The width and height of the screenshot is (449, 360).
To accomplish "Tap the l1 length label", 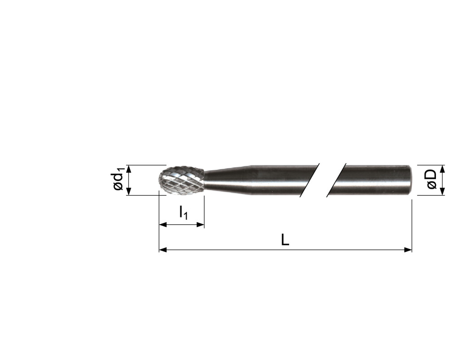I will (184, 213).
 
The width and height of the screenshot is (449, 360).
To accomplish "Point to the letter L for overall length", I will (285, 240).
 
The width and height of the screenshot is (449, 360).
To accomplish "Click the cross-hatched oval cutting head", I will (182, 180).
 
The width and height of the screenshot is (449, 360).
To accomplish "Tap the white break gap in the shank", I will (322, 180).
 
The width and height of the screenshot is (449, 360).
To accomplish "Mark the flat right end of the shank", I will (410, 180).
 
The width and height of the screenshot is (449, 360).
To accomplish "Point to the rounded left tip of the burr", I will (160, 181).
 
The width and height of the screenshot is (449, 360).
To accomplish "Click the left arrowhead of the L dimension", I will (163, 249).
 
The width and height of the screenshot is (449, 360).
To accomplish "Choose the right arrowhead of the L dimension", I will (408, 249).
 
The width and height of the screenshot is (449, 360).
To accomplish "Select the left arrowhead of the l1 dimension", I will (163, 224).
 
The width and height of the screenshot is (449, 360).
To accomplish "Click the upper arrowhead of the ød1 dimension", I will (129, 169).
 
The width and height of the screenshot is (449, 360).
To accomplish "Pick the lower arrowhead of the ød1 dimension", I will (129, 192).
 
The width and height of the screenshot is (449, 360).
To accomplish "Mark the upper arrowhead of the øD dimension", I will (442, 169).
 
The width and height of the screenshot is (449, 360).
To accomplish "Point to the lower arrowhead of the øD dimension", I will (442, 192).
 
